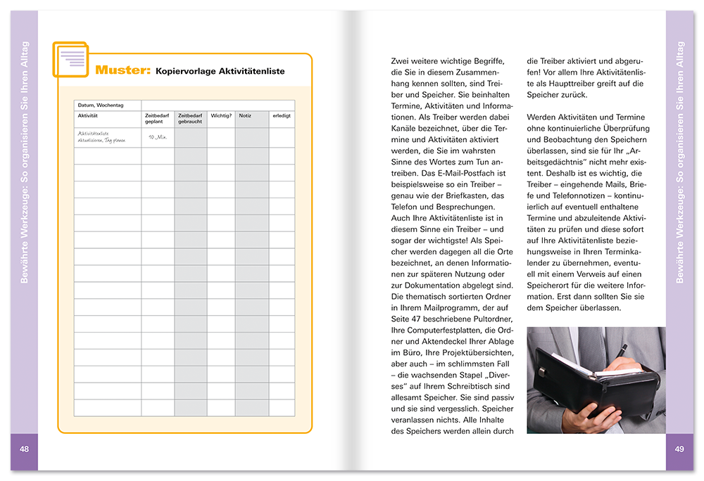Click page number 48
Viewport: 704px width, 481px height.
pyautogui.click(x=24, y=449)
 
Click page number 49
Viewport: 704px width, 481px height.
pyautogui.click(x=679, y=449)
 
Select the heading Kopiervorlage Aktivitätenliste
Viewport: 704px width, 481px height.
pyautogui.click(x=220, y=71)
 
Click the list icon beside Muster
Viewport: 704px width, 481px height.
pyautogui.click(x=70, y=59)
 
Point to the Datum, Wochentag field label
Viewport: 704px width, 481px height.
pyautogui.click(x=100, y=105)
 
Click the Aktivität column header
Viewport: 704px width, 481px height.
pyautogui.click(x=88, y=115)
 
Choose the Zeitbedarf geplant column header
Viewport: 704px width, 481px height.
pyautogui.click(x=156, y=118)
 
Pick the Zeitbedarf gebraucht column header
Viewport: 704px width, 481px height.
pyautogui.click(x=190, y=118)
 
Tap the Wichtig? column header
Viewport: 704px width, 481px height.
pyautogui.click(x=221, y=115)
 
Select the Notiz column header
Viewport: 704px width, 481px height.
pyautogui.click(x=245, y=115)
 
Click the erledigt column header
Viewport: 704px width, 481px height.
pyautogui.click(x=282, y=115)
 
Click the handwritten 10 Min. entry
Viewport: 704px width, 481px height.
pyautogui.click(x=157, y=137)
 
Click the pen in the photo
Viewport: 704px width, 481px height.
pyautogui.click(x=622, y=349)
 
